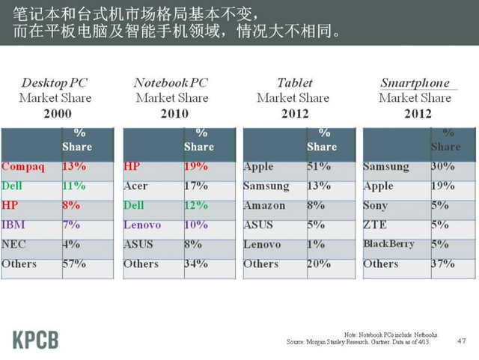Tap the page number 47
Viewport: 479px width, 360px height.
(x=461, y=341)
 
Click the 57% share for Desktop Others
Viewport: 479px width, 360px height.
(x=74, y=263)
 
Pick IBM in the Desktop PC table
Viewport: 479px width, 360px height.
(x=13, y=225)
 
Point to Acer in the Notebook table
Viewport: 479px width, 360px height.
(x=136, y=186)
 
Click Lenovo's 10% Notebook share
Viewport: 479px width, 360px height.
(x=196, y=225)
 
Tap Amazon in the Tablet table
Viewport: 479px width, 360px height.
(x=264, y=205)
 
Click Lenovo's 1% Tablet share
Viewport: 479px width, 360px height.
(x=316, y=244)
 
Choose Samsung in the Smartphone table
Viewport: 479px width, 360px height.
(x=386, y=166)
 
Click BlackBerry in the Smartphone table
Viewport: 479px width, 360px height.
(x=388, y=244)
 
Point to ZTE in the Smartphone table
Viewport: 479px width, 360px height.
(x=375, y=225)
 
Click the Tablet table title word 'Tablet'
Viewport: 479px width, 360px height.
(x=294, y=83)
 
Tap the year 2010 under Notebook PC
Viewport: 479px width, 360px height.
(x=171, y=113)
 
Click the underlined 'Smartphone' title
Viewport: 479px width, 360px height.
(x=415, y=83)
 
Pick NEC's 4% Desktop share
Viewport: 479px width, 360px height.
(x=71, y=244)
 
